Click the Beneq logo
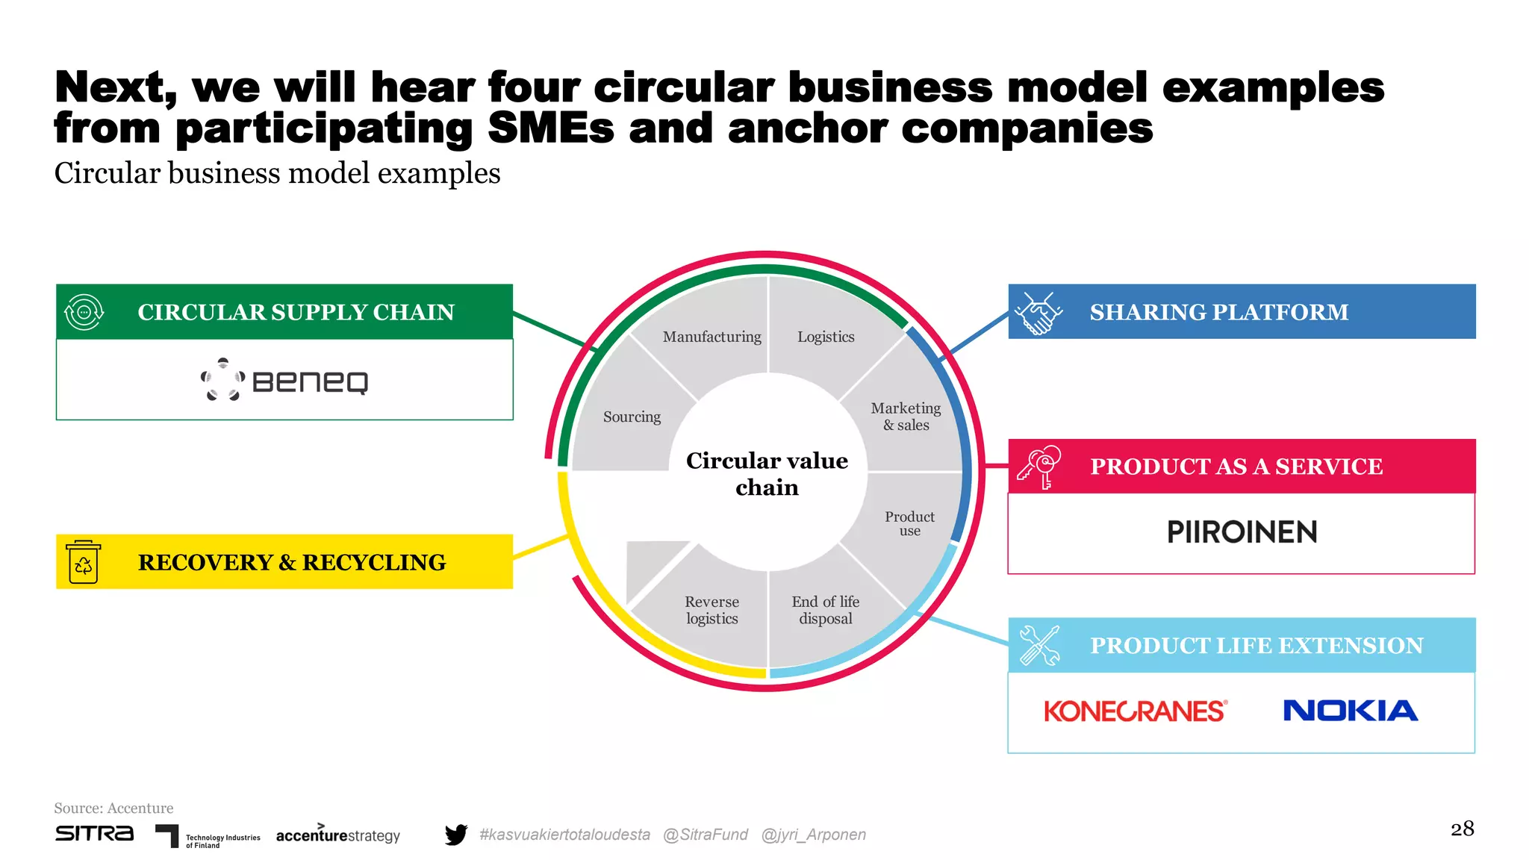click(284, 381)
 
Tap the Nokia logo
click(1350, 711)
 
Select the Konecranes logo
click(1135, 711)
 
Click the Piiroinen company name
click(1242, 532)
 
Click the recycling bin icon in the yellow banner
click(83, 562)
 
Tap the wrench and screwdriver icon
click(1039, 645)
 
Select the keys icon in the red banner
click(1039, 467)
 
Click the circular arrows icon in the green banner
click(84, 312)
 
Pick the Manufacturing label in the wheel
click(711, 337)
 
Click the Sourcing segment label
click(632, 417)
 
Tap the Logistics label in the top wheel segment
click(826, 337)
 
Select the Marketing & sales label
click(906, 417)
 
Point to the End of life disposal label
click(825, 610)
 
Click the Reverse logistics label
click(711, 610)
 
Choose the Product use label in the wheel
click(909, 523)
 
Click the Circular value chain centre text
click(767, 474)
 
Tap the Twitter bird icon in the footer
click(455, 834)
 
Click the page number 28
click(1462, 829)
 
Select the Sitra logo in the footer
click(94, 833)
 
